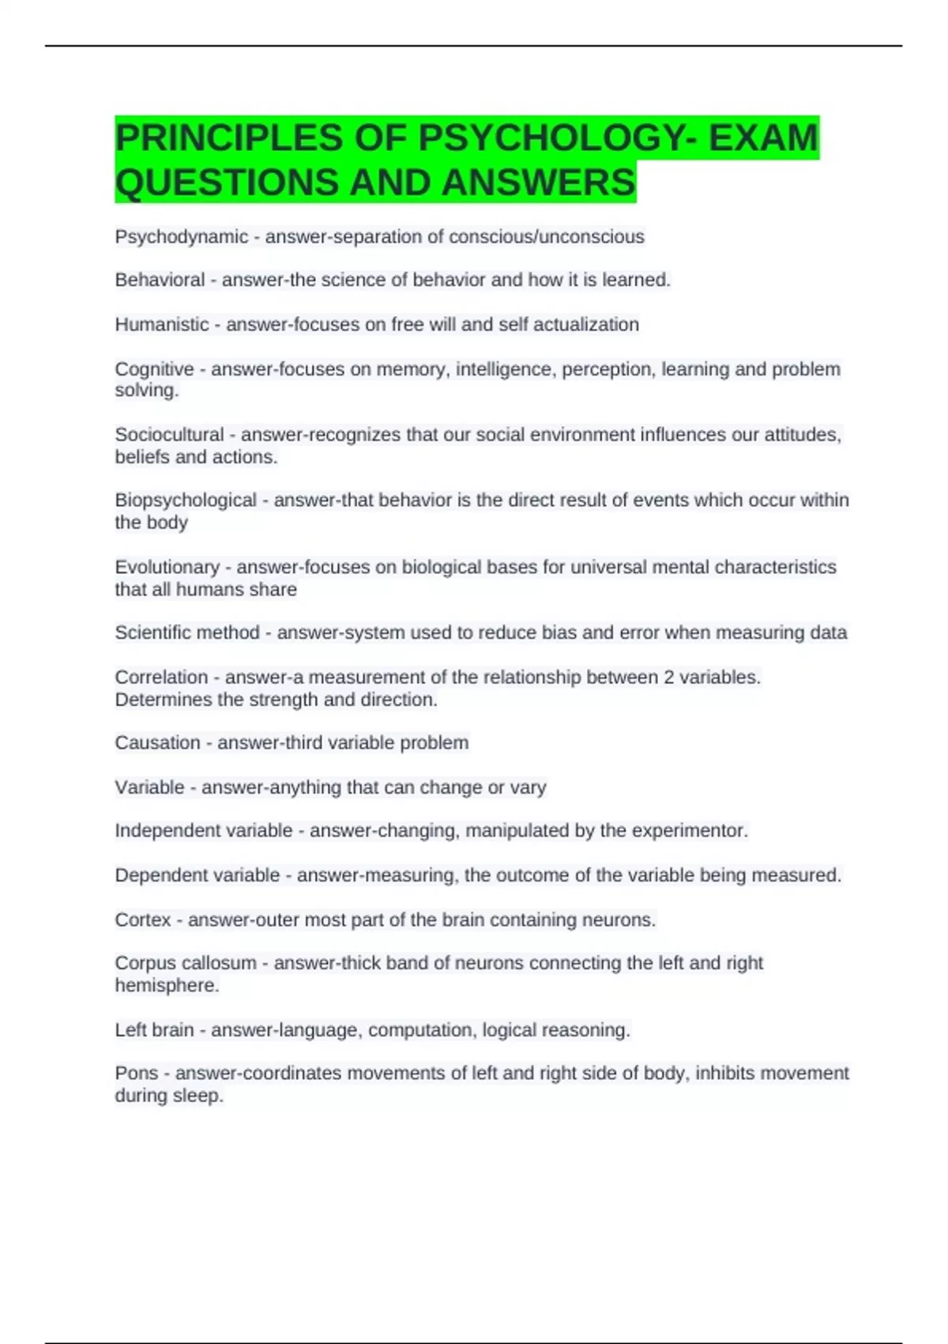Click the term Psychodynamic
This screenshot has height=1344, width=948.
tap(181, 237)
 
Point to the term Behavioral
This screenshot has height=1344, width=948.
tap(160, 280)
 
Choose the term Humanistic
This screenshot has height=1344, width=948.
tap(162, 325)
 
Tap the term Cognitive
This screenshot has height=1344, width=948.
tap(154, 369)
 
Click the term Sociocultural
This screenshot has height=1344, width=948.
tap(169, 435)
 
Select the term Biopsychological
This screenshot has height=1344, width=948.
tap(186, 500)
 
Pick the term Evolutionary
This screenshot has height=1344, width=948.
tap(167, 567)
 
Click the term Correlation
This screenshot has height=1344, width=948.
tap(161, 678)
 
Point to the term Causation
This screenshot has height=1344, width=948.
tap(157, 743)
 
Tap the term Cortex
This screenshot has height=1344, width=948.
tap(142, 920)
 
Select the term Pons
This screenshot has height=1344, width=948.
tap(137, 1074)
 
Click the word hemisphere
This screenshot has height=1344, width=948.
tap(165, 986)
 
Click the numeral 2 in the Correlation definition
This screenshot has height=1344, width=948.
tap(669, 678)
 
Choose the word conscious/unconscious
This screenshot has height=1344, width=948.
tap(546, 237)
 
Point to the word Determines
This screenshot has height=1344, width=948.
tap(163, 700)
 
